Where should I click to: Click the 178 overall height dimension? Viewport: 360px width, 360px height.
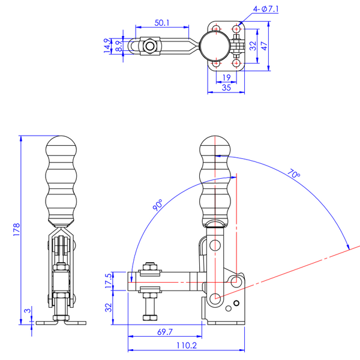click(x=17, y=229)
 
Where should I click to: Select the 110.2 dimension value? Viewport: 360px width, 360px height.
click(x=187, y=346)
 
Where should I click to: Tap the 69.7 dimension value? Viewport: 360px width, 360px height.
click(x=165, y=332)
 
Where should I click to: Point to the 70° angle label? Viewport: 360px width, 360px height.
click(x=293, y=174)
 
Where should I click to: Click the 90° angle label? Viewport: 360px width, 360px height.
click(x=158, y=205)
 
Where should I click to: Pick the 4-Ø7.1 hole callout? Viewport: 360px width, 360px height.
click(x=266, y=9)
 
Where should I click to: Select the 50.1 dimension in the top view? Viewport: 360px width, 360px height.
click(x=162, y=23)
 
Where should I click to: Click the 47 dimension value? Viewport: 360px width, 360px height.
click(x=264, y=46)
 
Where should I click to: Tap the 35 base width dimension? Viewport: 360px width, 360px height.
click(x=226, y=88)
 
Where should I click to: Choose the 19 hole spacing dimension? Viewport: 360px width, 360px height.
click(x=226, y=77)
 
